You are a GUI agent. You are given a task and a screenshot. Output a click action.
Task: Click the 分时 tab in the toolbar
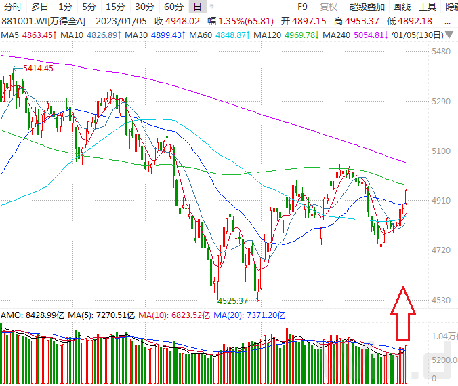(12, 7)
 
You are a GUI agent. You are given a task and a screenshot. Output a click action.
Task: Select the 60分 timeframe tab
(174, 7)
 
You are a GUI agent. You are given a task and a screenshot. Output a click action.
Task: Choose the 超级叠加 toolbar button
(367, 7)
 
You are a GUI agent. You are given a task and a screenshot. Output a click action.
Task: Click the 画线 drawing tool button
(402, 7)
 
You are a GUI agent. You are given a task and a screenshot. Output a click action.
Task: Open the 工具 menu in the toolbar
(428, 7)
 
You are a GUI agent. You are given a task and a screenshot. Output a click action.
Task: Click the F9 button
(303, 7)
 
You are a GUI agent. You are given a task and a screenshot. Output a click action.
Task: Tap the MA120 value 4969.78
(303, 35)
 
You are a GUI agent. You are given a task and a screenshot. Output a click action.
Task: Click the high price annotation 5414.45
(38, 69)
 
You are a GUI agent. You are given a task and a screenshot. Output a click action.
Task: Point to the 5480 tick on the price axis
(441, 52)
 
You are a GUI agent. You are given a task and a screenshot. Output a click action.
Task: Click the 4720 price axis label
(441, 250)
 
